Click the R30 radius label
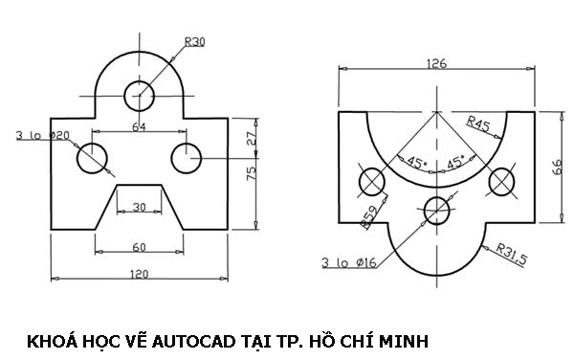click(x=195, y=42)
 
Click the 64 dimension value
click(x=139, y=125)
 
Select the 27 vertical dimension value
click(x=252, y=139)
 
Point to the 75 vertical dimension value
click(x=252, y=173)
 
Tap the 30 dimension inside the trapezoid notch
click(x=140, y=207)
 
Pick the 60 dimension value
click(x=139, y=247)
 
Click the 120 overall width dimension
click(x=139, y=274)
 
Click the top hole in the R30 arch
click(x=139, y=94)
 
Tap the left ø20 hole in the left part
click(x=94, y=159)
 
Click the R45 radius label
click(x=478, y=124)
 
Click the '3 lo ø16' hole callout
click(x=349, y=261)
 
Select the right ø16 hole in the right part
click(x=501, y=180)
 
